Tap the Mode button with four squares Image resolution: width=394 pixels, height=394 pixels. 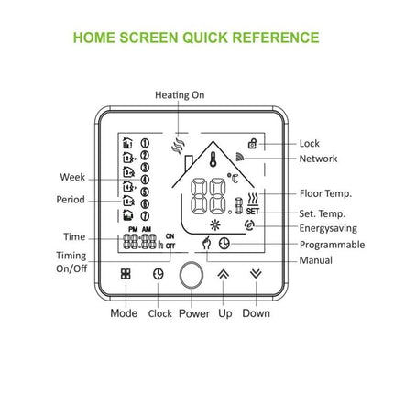click(x=126, y=273)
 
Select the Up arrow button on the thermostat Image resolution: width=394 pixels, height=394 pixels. click(x=223, y=273)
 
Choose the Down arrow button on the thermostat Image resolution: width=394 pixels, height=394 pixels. click(x=256, y=273)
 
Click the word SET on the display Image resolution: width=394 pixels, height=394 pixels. click(x=252, y=210)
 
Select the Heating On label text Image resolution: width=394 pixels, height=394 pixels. click(x=180, y=94)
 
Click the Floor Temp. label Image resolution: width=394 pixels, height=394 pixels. click(x=325, y=194)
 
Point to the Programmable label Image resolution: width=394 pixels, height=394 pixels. click(x=332, y=245)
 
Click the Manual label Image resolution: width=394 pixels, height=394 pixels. click(x=316, y=261)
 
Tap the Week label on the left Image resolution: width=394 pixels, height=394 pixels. click(x=72, y=177)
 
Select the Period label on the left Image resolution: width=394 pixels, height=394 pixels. click(x=71, y=199)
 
